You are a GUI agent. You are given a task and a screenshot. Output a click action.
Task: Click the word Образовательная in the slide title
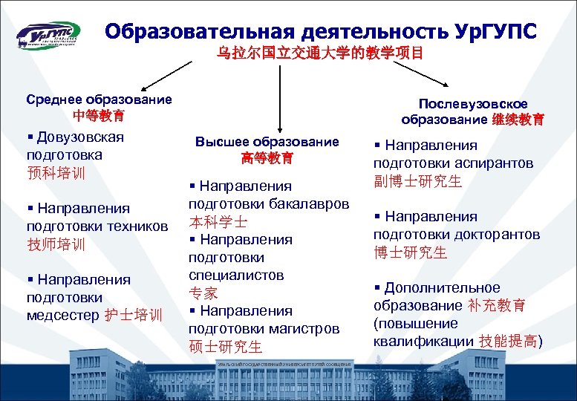coord(201,31)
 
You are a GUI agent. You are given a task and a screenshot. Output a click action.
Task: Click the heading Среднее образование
coord(99,99)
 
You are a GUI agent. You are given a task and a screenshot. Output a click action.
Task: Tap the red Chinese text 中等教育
coord(99,116)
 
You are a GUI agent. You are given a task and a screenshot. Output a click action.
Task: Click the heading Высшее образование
coord(267,141)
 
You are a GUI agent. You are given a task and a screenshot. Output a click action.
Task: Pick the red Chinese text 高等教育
coord(267,158)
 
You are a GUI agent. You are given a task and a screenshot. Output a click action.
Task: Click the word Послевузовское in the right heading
coord(473,102)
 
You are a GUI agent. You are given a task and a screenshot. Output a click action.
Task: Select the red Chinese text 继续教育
coord(518,120)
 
